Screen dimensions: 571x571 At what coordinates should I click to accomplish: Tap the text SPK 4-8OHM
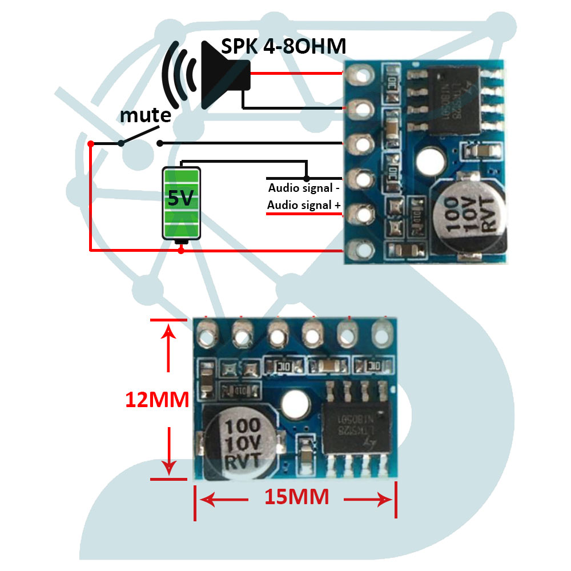click(x=284, y=46)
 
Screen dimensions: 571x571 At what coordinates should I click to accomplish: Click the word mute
click(x=145, y=115)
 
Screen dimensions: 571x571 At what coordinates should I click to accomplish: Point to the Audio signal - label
click(x=304, y=188)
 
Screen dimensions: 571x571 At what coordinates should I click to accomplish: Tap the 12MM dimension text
click(x=157, y=400)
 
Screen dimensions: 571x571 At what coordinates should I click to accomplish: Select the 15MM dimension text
click(x=296, y=497)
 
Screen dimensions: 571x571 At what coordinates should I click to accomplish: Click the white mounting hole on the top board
click(x=432, y=160)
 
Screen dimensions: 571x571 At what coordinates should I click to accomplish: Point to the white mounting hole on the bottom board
click(x=296, y=404)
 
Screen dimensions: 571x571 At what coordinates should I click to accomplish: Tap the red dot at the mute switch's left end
click(x=91, y=143)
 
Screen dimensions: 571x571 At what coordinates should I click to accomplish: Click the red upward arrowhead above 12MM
click(x=168, y=331)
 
